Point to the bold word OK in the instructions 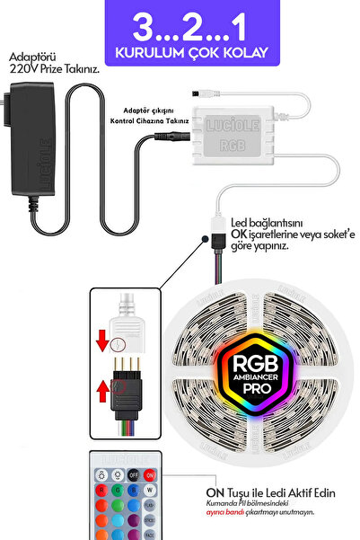(x=240, y=235)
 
